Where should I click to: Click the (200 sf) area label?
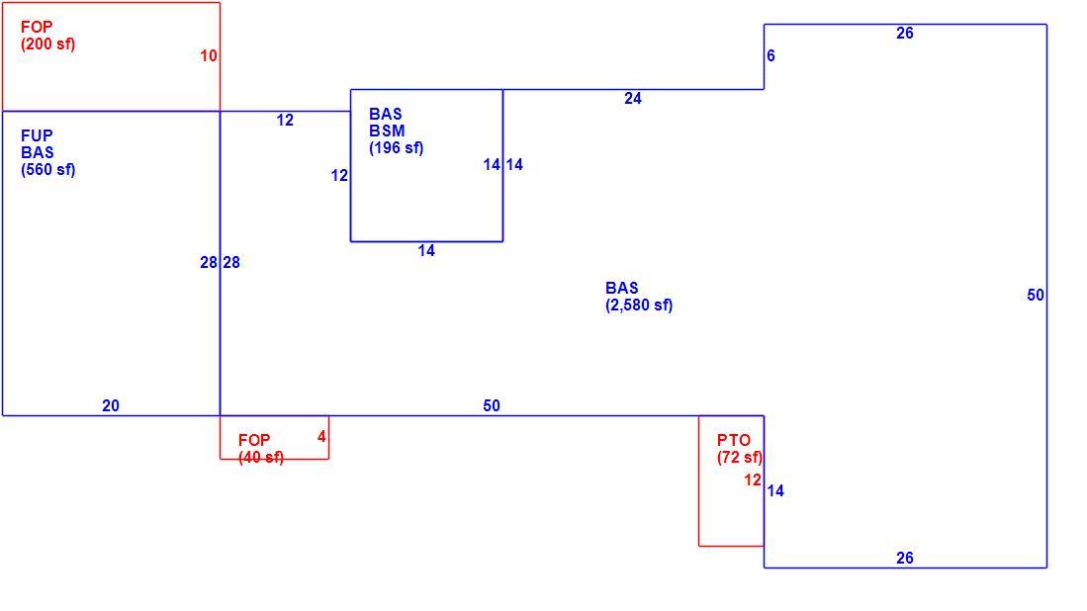[x=47, y=44]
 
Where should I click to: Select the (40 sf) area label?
[x=261, y=457]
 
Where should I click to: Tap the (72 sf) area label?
[x=740, y=457]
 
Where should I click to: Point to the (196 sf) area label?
[x=396, y=147]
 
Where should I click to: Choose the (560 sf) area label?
[x=47, y=170]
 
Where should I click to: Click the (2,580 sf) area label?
[x=639, y=305]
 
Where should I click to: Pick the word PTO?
[x=734, y=440]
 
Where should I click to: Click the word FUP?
[x=37, y=135]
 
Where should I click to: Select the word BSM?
[x=387, y=131]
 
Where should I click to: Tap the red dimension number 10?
[x=209, y=56]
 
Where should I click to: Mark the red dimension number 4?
[x=321, y=436]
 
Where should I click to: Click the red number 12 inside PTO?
[x=753, y=480]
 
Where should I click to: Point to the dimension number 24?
[x=633, y=98]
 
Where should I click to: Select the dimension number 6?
[x=770, y=55]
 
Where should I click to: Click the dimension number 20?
[x=111, y=406]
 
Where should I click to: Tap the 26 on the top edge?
[x=905, y=34]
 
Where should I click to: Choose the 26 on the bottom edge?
[x=905, y=558]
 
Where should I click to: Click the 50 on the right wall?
[x=1036, y=295]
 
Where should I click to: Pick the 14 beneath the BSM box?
[x=426, y=251]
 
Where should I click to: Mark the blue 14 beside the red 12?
[x=775, y=491]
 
